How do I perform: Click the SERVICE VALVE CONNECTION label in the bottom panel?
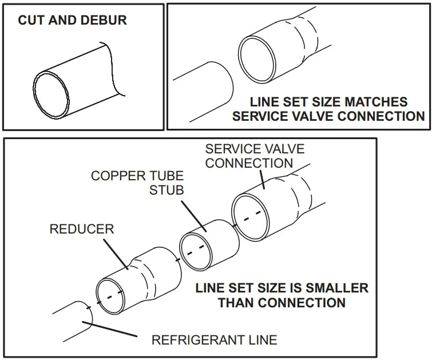point(255,156)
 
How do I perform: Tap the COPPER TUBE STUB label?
point(137,183)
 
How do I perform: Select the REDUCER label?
point(82,229)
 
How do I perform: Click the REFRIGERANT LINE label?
point(214,340)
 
